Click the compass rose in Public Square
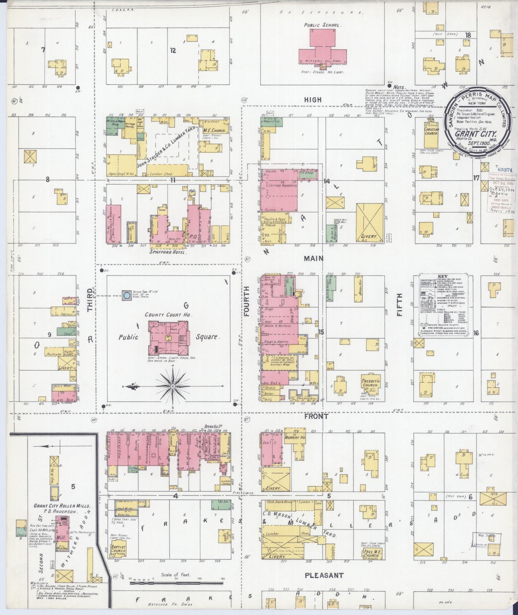click(173, 386)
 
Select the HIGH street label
click(313, 100)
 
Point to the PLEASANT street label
click(324, 575)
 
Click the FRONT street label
click(316, 417)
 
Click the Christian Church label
click(431, 131)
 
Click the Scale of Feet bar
click(176, 583)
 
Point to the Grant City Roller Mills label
click(62, 506)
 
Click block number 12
click(173, 51)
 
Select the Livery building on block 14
click(370, 222)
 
